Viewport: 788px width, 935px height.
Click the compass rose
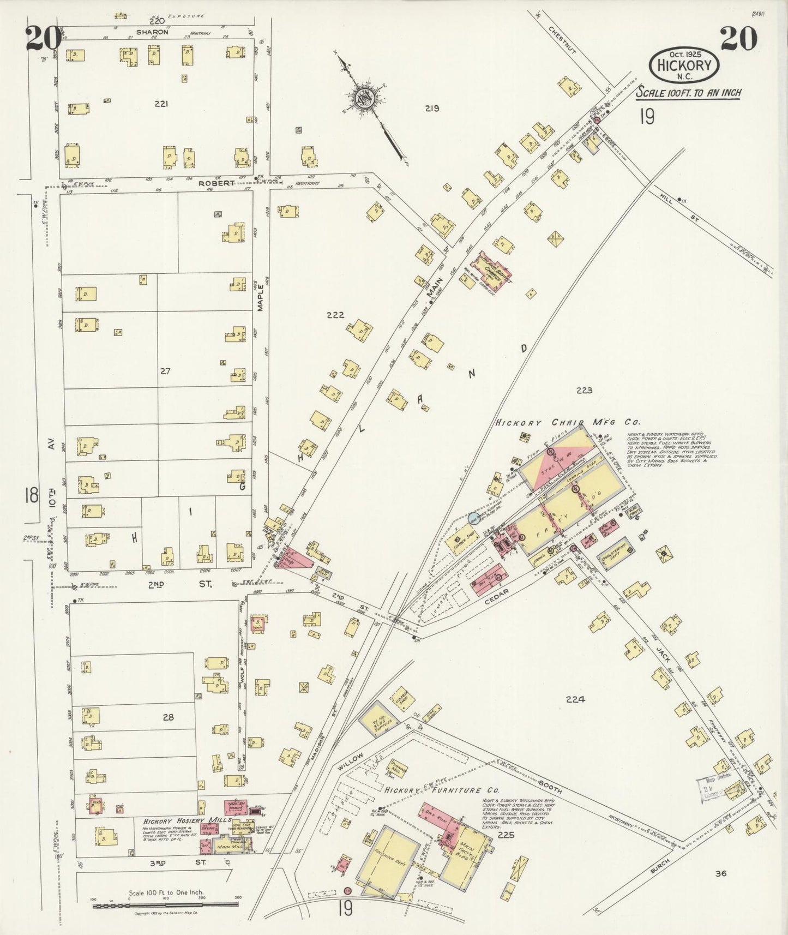(363, 99)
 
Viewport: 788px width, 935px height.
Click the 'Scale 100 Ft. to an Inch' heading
(689, 93)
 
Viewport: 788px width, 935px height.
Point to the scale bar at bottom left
(166, 906)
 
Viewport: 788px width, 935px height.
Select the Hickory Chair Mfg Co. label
(567, 422)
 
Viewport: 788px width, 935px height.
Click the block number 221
(161, 104)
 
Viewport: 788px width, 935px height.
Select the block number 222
(335, 315)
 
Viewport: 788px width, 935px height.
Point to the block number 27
(165, 371)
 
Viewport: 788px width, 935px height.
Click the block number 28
(168, 717)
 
